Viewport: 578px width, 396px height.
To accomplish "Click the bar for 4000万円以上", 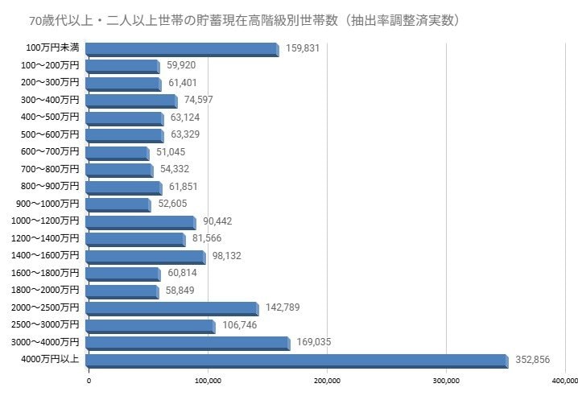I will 296,360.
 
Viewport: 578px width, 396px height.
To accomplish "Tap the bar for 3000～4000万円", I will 187,343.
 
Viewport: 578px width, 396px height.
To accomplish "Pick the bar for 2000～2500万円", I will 171,308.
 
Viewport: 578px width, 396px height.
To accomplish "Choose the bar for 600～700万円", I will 117,152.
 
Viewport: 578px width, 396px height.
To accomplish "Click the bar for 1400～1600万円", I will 145,256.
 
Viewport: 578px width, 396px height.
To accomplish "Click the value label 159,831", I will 303,48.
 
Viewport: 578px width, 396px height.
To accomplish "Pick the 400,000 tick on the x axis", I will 565,381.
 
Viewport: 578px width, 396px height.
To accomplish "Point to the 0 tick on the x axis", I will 89,381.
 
